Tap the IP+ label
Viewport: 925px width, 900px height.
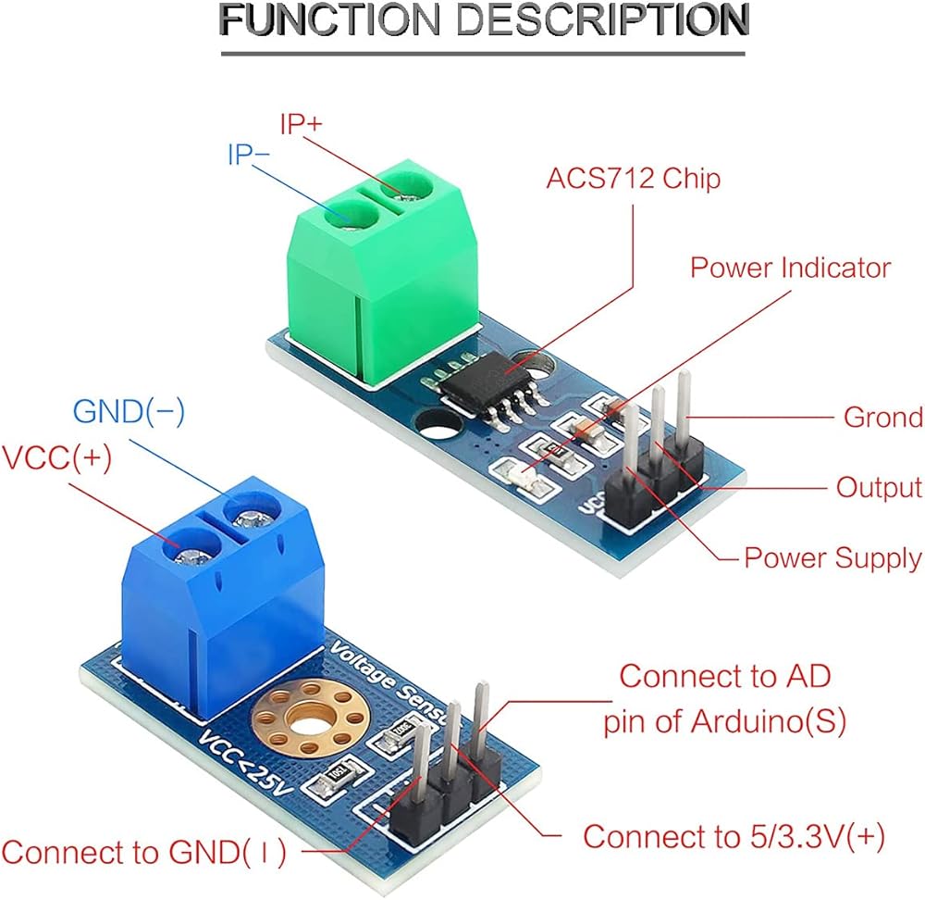[302, 125]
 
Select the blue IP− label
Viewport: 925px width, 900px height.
[248, 155]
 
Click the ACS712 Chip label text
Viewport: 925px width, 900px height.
[634, 179]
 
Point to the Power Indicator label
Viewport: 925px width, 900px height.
[791, 268]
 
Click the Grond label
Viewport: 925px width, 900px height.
[883, 417]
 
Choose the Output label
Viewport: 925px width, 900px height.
[879, 488]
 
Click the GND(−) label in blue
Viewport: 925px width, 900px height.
[129, 412]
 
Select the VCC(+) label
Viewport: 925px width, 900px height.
[57, 458]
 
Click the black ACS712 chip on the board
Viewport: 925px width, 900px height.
[487, 383]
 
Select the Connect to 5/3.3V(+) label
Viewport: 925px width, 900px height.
[734, 837]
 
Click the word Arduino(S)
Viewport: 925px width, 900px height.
[768, 721]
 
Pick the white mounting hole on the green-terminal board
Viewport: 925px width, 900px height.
[438, 425]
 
